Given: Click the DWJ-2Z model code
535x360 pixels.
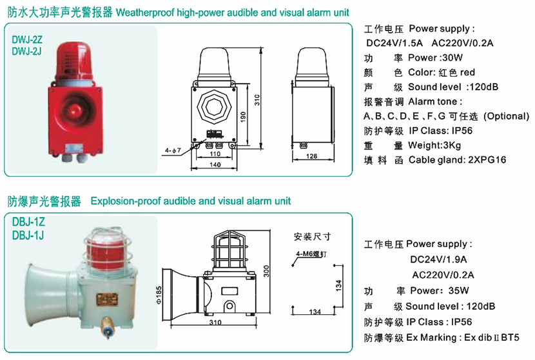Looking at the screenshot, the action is [27, 39].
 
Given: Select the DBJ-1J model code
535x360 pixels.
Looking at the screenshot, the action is [28, 235].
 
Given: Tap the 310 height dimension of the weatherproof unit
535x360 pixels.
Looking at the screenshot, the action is [257, 100].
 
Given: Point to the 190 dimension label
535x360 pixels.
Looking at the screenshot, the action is [243, 117].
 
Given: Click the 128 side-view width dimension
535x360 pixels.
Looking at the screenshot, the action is [311, 156].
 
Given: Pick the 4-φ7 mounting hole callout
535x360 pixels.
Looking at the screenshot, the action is [173, 150].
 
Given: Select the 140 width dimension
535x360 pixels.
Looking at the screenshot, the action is [215, 165].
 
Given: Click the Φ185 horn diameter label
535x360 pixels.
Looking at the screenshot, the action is [159, 295].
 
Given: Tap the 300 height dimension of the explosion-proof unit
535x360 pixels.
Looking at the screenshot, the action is [266, 271].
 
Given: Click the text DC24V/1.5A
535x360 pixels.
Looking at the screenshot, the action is [394, 43].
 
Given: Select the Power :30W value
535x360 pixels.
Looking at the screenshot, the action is [435, 57].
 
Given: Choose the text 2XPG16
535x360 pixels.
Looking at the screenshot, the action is [487, 160].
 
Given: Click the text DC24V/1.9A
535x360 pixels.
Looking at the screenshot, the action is [438, 259].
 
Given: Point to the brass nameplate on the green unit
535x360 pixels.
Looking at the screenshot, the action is [107, 300].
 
